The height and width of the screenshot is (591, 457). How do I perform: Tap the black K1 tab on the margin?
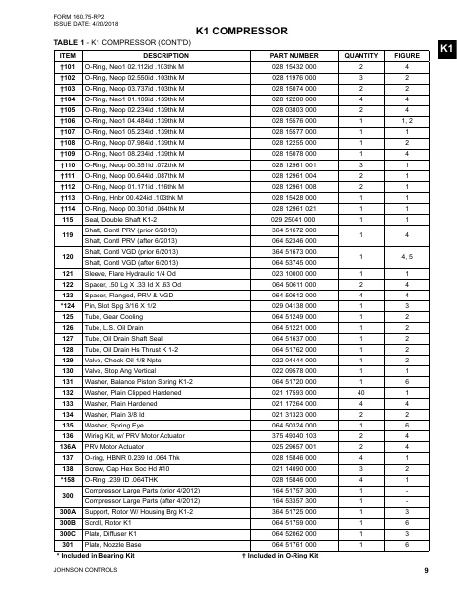(x=445, y=49)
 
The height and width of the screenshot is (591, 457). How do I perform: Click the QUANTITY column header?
(x=362, y=56)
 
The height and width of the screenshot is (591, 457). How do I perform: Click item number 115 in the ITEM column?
(x=68, y=219)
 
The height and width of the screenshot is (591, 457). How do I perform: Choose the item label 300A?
(x=68, y=512)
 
